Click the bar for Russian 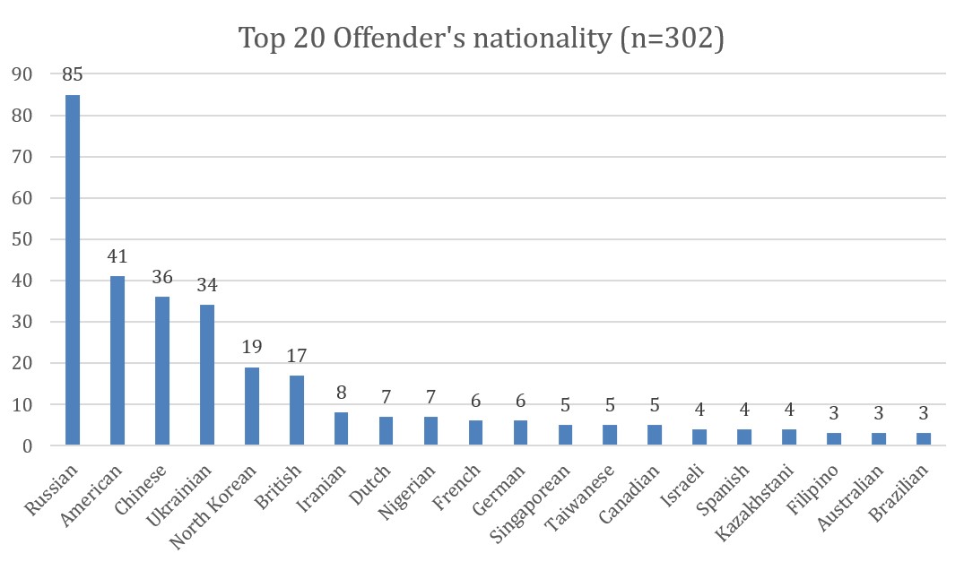(72, 269)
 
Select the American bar (117, 360)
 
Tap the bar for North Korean (251, 406)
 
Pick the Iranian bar (341, 428)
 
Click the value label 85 (72, 74)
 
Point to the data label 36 (161, 277)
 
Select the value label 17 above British (296, 356)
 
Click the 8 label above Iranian (341, 393)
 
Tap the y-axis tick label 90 (22, 74)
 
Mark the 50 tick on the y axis (22, 239)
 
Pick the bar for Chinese (161, 371)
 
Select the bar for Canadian (655, 436)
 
